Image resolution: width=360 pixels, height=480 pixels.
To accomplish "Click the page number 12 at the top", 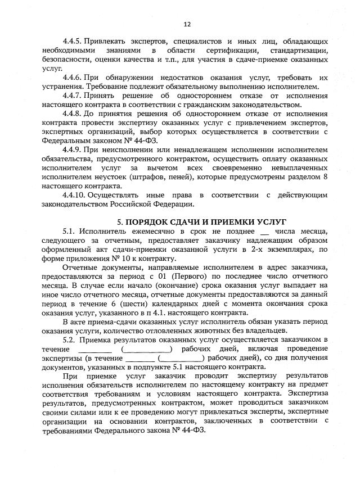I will tap(187, 24).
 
